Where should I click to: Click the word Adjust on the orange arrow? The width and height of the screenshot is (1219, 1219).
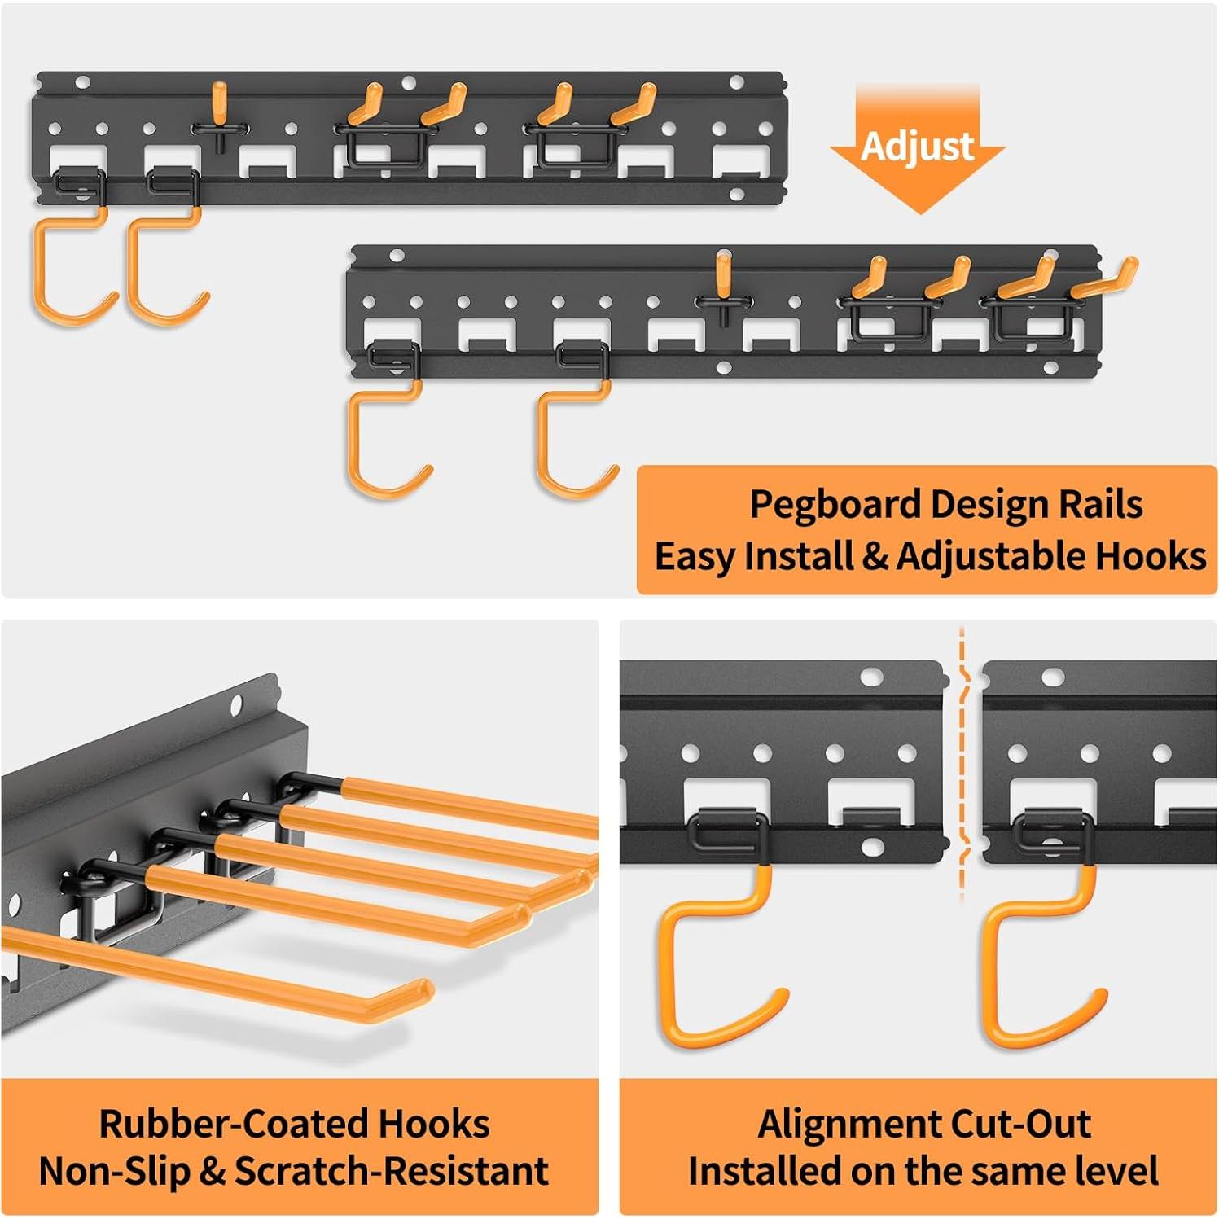(917, 147)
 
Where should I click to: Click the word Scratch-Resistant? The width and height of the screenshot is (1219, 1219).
(391, 1172)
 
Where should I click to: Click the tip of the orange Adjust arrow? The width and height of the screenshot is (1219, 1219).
(919, 211)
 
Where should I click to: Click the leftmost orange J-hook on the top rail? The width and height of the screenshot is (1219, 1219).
(69, 269)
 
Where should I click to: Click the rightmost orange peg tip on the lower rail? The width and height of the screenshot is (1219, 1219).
(1129, 266)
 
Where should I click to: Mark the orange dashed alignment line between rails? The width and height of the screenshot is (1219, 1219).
(962, 765)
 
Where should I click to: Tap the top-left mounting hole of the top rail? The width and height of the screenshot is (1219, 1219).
(82, 82)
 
